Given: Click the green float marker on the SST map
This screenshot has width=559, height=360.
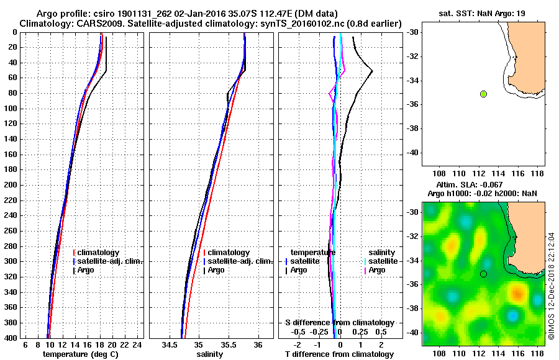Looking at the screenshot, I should (x=483, y=94).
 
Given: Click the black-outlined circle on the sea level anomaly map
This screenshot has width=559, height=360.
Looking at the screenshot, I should (x=483, y=274).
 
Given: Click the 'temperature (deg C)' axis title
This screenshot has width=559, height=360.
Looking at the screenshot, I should (x=80, y=354).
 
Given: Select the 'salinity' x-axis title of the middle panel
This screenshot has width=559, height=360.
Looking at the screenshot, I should (x=211, y=354).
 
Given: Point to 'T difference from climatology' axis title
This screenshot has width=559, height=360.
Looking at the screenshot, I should (x=339, y=354).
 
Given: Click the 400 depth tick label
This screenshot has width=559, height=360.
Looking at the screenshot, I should (x=11, y=338).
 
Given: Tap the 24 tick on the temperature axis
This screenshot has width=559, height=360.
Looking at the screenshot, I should (x=138, y=344).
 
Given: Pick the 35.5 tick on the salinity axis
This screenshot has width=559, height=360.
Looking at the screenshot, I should (x=228, y=344).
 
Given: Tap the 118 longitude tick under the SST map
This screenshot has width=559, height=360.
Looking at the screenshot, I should (x=538, y=174).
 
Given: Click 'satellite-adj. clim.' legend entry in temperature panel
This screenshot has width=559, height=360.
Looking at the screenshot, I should (x=110, y=261).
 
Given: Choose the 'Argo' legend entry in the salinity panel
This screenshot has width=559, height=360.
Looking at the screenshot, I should (x=216, y=270).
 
